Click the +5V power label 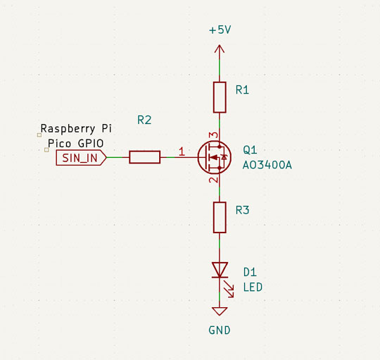[220, 31]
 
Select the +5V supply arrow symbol [220, 51]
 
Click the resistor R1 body [220, 97]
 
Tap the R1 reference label [242, 90]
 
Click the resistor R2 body [145, 157]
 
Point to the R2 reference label [144, 120]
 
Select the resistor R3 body [220, 217]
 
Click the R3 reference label [242, 210]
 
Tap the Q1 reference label [250, 150]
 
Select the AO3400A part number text [267, 166]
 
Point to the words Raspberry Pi [75, 129]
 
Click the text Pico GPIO [75, 143]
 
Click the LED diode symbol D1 [220, 269]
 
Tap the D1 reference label [250, 272]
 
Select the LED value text [253, 287]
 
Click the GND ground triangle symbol [220, 311]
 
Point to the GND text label [220, 330]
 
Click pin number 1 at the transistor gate [182, 151]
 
